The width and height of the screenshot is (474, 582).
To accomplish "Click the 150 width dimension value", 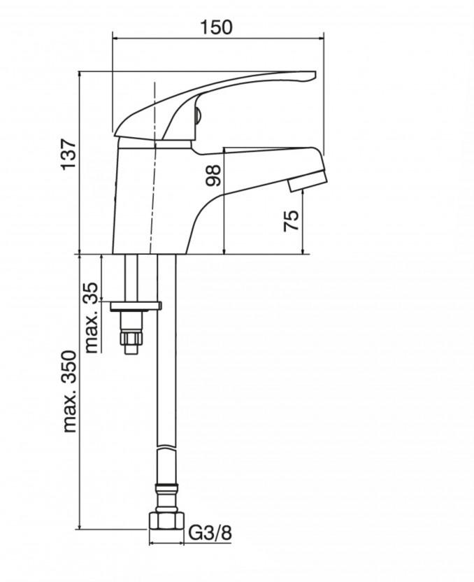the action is pos(216,27).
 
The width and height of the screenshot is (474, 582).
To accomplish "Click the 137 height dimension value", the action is pos(69,155).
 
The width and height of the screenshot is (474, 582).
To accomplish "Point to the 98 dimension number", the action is pos(213,176).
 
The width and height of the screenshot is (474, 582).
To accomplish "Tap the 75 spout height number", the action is pos(291,221).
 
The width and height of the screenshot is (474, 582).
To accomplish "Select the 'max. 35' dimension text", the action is pos(92,318).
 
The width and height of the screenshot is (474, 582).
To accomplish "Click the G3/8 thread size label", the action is pos(210,532).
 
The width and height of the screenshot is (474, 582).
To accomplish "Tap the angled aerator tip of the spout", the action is pos(308,180).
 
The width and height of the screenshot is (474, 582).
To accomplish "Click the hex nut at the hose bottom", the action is pos(166,520).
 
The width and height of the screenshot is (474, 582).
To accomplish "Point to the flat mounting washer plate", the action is pos(136,306).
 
